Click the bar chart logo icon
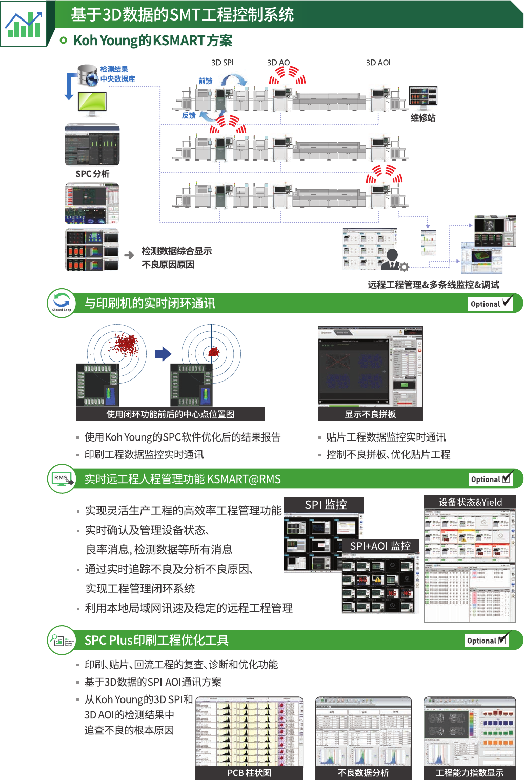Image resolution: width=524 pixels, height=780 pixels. (23, 24)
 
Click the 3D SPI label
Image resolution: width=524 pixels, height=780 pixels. (223, 63)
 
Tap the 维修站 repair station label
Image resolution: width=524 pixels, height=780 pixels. (423, 118)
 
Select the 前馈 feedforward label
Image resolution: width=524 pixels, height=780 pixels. (206, 81)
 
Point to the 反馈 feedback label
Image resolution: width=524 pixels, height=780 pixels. (189, 116)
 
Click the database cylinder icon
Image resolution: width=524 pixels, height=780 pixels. (88, 75)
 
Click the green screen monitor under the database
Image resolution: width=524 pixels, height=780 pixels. (92, 102)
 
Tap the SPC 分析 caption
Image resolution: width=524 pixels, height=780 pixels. (92, 174)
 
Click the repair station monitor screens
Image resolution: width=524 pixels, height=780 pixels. (423, 96)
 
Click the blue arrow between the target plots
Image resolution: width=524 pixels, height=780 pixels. (163, 353)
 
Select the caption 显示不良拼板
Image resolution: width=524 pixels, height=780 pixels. (370, 414)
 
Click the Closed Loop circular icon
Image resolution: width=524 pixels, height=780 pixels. (62, 303)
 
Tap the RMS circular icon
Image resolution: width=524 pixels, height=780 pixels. (62, 478)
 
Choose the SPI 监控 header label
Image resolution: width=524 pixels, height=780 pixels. (326, 505)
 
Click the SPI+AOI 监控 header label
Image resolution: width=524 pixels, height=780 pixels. (380, 546)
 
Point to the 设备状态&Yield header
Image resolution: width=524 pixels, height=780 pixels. (470, 503)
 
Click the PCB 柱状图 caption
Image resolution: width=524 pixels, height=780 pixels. (249, 773)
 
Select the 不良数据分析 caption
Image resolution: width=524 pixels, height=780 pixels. (364, 773)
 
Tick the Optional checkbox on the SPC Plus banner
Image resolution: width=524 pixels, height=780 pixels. (503, 639)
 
